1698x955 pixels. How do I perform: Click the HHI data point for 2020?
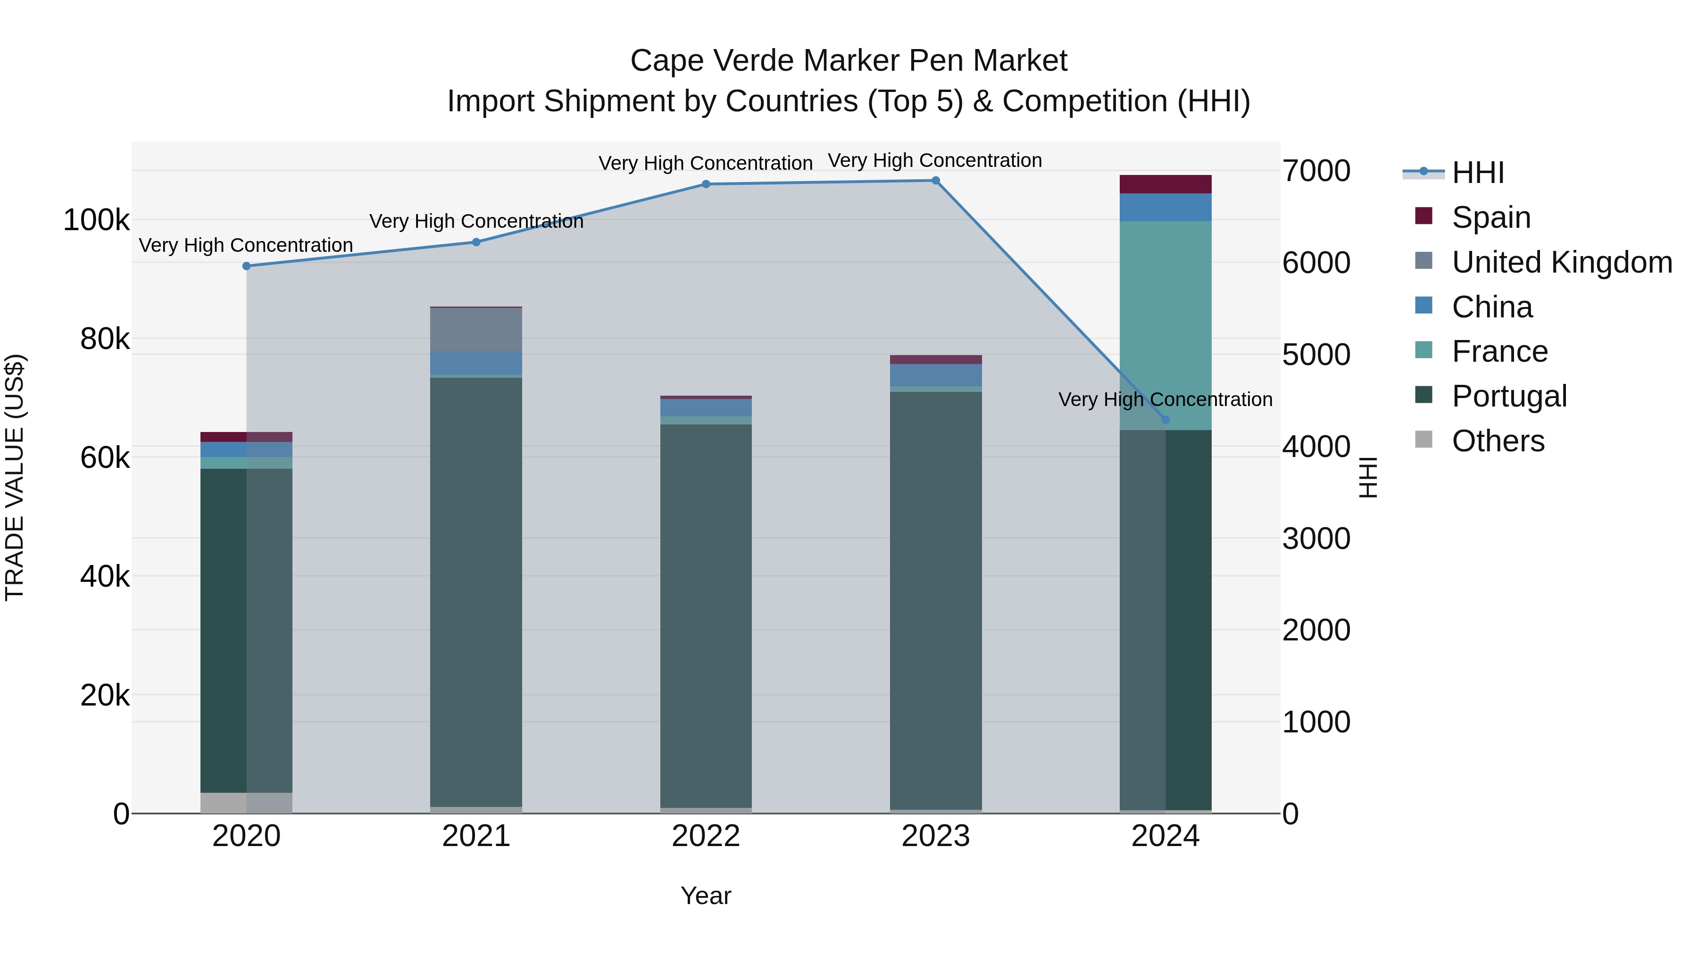(x=247, y=266)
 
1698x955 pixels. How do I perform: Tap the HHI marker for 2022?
(x=706, y=184)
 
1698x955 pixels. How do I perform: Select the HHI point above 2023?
(x=935, y=181)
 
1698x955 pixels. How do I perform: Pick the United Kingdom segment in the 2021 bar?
(x=476, y=330)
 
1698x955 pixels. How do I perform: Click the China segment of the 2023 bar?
(x=935, y=375)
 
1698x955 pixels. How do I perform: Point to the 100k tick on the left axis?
(x=96, y=220)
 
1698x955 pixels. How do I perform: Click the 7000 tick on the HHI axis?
(x=1315, y=171)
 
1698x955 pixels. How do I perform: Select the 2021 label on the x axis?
(x=476, y=836)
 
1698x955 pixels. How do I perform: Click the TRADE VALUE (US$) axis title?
(x=15, y=477)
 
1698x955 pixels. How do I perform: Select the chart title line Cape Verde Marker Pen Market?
(x=849, y=61)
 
